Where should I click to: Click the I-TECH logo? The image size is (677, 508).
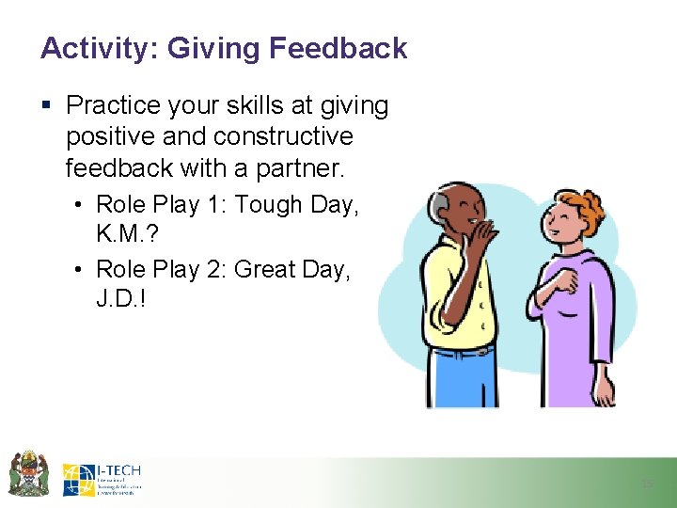102,479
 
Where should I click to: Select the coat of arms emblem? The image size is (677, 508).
28,474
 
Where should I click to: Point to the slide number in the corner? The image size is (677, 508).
647,483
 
